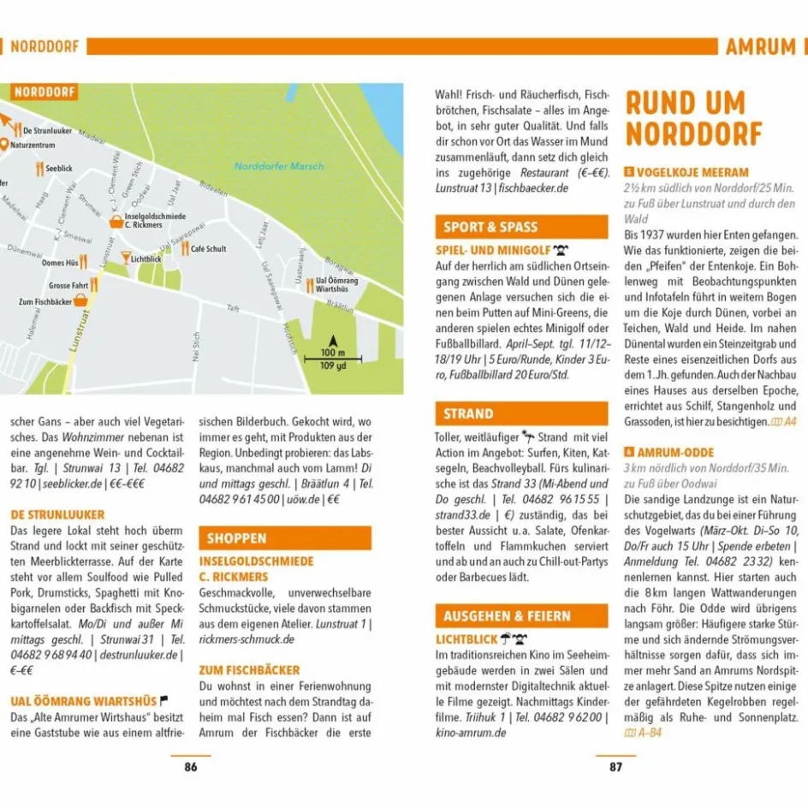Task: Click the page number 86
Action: click(x=190, y=767)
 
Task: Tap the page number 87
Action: click(x=615, y=767)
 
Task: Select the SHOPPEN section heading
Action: click(x=237, y=538)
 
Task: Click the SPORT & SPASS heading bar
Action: click(x=490, y=227)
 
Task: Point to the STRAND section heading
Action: click(x=468, y=413)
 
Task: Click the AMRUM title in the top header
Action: click(x=760, y=46)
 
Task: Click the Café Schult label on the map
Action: click(x=208, y=249)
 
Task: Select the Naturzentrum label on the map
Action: click(x=39, y=146)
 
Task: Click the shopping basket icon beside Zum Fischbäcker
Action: click(x=80, y=300)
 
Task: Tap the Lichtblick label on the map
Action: click(x=146, y=258)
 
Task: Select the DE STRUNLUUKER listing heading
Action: click(x=57, y=514)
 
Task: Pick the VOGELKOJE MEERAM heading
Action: click(x=692, y=172)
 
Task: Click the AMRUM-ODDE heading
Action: click(x=675, y=452)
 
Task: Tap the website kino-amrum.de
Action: click(x=471, y=733)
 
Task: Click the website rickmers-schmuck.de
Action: click(x=247, y=639)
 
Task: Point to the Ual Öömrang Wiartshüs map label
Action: click(x=336, y=284)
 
